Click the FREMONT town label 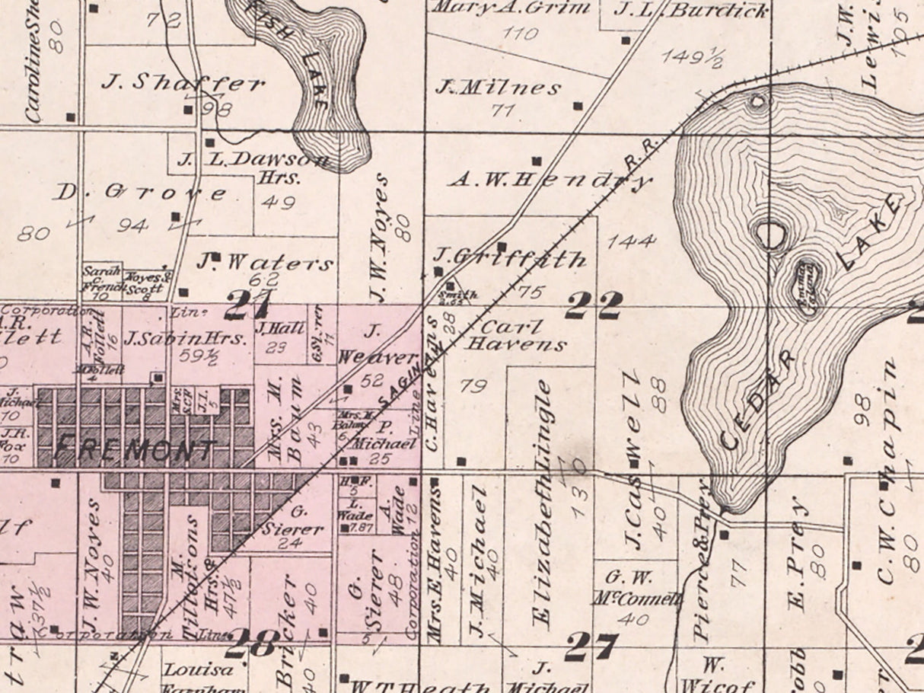[x=135, y=450]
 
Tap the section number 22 [x=593, y=307]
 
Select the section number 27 [x=590, y=647]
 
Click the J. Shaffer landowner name [x=183, y=84]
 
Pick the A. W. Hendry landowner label [x=550, y=180]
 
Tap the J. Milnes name [x=498, y=88]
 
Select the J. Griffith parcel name [x=510, y=258]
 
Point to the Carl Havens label [x=515, y=336]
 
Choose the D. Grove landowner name [x=140, y=193]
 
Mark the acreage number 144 [x=632, y=241]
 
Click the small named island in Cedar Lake [x=807, y=278]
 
